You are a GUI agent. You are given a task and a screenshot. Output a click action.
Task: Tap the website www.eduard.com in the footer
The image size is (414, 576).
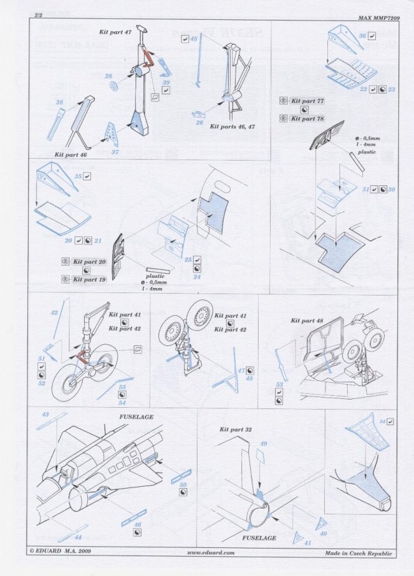click(211, 553)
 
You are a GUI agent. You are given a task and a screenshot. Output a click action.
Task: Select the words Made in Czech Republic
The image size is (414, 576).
click(359, 553)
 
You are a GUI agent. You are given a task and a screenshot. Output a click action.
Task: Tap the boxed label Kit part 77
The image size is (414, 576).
click(307, 101)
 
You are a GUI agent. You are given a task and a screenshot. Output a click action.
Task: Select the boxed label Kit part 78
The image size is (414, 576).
click(307, 119)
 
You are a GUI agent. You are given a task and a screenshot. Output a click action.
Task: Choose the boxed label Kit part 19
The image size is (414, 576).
click(89, 280)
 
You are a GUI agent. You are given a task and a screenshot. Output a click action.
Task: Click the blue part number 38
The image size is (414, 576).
click(59, 103)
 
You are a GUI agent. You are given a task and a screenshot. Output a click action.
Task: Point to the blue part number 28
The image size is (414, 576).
click(108, 76)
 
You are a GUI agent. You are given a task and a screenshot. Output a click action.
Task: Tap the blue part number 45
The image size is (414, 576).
click(193, 39)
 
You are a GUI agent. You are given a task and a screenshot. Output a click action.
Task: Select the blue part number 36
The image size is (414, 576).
click(362, 37)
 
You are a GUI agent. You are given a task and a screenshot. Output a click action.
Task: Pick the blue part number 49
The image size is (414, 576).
click(263, 443)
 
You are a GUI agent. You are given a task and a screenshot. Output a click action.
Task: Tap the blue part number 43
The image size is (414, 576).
click(45, 415)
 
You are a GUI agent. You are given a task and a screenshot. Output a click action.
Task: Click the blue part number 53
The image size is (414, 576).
click(279, 384)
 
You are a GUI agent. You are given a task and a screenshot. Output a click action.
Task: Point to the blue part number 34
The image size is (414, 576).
click(381, 421)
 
